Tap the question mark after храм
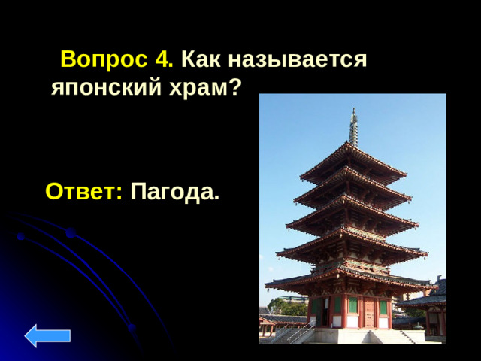click(235, 88)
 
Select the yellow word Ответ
click(83, 192)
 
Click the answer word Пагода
click(173, 192)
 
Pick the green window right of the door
click(383, 306)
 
